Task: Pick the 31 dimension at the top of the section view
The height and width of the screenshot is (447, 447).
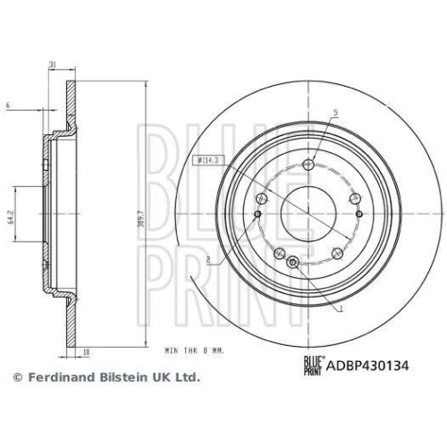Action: point(53,64)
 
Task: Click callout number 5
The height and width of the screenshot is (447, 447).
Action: point(335,113)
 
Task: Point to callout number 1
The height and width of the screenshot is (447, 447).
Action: point(341,308)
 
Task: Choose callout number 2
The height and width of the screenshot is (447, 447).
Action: point(207,260)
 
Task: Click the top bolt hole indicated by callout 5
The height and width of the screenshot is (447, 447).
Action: point(308,164)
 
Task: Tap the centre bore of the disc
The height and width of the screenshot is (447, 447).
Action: point(303,213)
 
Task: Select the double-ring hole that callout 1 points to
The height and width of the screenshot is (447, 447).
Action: point(293,261)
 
